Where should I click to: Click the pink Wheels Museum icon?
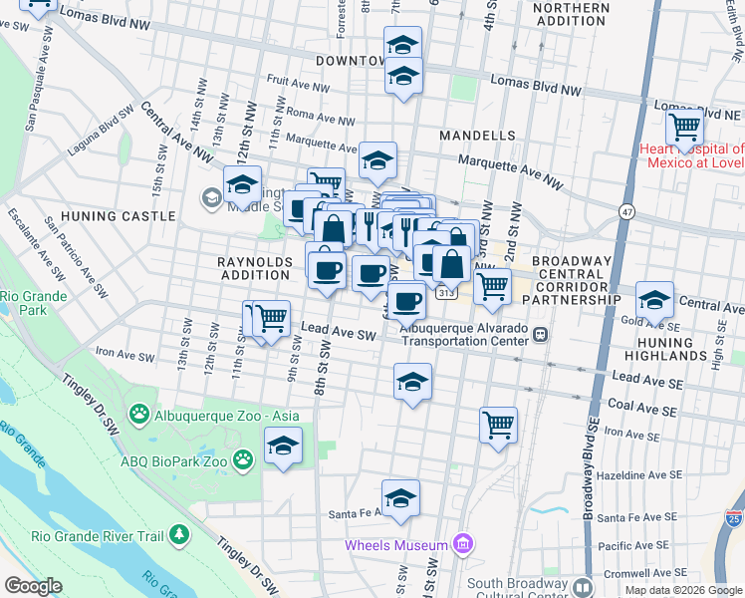[x=461, y=544]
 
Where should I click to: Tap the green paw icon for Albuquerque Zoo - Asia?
[x=139, y=414]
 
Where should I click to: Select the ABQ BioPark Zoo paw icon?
[x=242, y=459]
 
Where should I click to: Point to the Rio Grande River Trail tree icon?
[x=179, y=536]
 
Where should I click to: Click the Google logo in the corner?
[x=33, y=586]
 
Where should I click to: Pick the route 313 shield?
[x=445, y=293]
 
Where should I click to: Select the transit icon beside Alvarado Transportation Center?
[x=540, y=334]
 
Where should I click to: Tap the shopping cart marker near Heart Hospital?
[x=685, y=128]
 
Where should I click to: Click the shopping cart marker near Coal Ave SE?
[x=498, y=425]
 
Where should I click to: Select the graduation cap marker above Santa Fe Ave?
[x=400, y=497]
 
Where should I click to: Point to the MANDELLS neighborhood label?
[x=481, y=135]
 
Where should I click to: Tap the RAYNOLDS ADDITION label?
[x=256, y=267]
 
